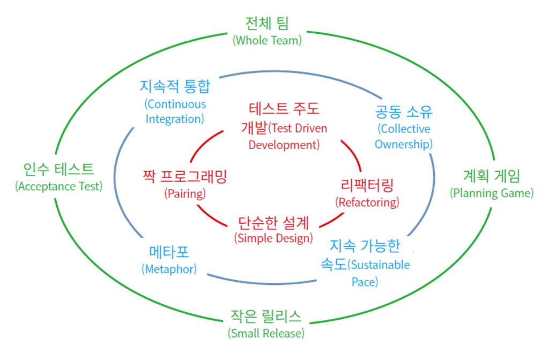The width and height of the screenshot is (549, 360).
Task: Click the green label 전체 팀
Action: tap(266, 24)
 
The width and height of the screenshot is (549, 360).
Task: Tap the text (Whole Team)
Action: tap(266, 40)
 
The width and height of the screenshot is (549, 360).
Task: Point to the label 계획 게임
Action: tap(492, 176)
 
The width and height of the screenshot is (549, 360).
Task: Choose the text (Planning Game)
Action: tap(492, 193)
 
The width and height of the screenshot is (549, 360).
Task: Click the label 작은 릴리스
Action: tap(266, 316)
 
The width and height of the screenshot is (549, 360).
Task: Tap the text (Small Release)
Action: tap(266, 333)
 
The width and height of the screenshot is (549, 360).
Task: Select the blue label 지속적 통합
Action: tap(175, 86)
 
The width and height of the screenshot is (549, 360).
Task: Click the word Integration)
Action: tap(175, 119)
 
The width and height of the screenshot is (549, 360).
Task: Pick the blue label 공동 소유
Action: tap(404, 112)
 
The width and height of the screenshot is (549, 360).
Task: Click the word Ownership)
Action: tap(404, 144)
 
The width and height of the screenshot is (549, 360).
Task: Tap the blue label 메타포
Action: tap(169, 252)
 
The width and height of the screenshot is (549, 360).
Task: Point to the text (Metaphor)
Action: tap(169, 269)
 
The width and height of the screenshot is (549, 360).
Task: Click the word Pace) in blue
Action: tap(365, 282)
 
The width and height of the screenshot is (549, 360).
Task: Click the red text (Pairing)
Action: tap(185, 194)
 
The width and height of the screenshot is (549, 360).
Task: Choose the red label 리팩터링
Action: tap(367, 186)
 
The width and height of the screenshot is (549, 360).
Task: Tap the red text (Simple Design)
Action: tap(273, 238)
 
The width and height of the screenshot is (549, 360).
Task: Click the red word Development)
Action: tap(284, 145)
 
